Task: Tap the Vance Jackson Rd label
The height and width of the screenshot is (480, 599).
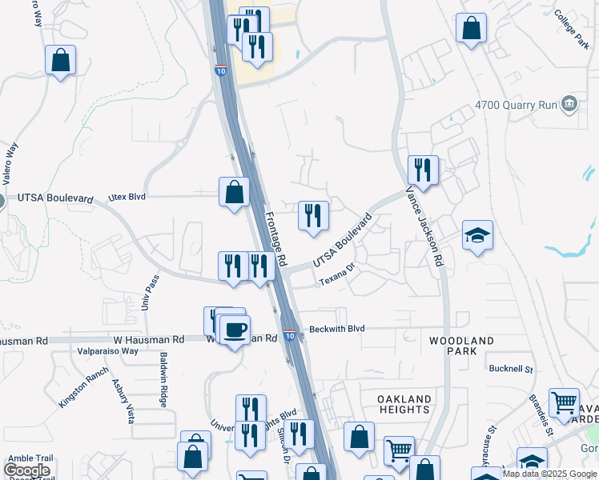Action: (423, 226)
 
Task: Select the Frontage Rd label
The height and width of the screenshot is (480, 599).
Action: (275, 239)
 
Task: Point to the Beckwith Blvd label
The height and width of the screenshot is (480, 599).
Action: (337, 329)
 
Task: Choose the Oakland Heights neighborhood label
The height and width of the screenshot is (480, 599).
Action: (404, 404)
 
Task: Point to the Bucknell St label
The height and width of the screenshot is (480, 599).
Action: (512, 369)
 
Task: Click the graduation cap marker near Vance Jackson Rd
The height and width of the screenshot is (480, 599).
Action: (477, 234)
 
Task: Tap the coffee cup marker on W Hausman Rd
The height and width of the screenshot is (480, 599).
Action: (235, 330)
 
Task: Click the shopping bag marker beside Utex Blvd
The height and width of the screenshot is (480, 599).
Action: (234, 192)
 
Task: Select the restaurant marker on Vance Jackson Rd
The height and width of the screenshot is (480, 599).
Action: (423, 170)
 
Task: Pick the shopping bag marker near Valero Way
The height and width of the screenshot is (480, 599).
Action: (60, 60)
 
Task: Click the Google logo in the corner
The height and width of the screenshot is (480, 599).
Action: (26, 470)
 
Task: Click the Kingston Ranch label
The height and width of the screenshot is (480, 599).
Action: (83, 388)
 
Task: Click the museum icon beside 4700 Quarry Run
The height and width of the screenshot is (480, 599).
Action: (569, 103)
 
